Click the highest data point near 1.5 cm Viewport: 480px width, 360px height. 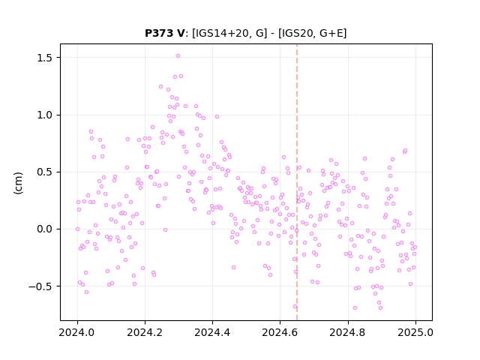pos(178,56)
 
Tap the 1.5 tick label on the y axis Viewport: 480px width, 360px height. pos(46,58)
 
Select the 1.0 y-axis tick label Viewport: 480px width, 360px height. pos(46,115)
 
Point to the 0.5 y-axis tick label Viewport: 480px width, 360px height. pos(46,172)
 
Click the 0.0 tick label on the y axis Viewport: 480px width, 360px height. pos(46,229)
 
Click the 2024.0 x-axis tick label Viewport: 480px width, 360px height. pos(77,332)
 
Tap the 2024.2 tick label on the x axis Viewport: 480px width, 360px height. pos(145,332)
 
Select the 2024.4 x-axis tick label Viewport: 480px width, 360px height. pos(212,332)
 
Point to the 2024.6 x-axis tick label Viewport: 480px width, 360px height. pos(280,332)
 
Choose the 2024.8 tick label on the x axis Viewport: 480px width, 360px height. pos(347,332)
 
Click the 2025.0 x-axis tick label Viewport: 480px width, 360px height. pos(415,332)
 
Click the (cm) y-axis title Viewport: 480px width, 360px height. pos(18,183)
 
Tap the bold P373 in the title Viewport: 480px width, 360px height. pos(160,33)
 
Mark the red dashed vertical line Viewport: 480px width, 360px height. pos(297,182)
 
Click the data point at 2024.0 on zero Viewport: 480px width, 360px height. pos(77,229)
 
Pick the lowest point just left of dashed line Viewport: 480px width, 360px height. pos(295,307)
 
